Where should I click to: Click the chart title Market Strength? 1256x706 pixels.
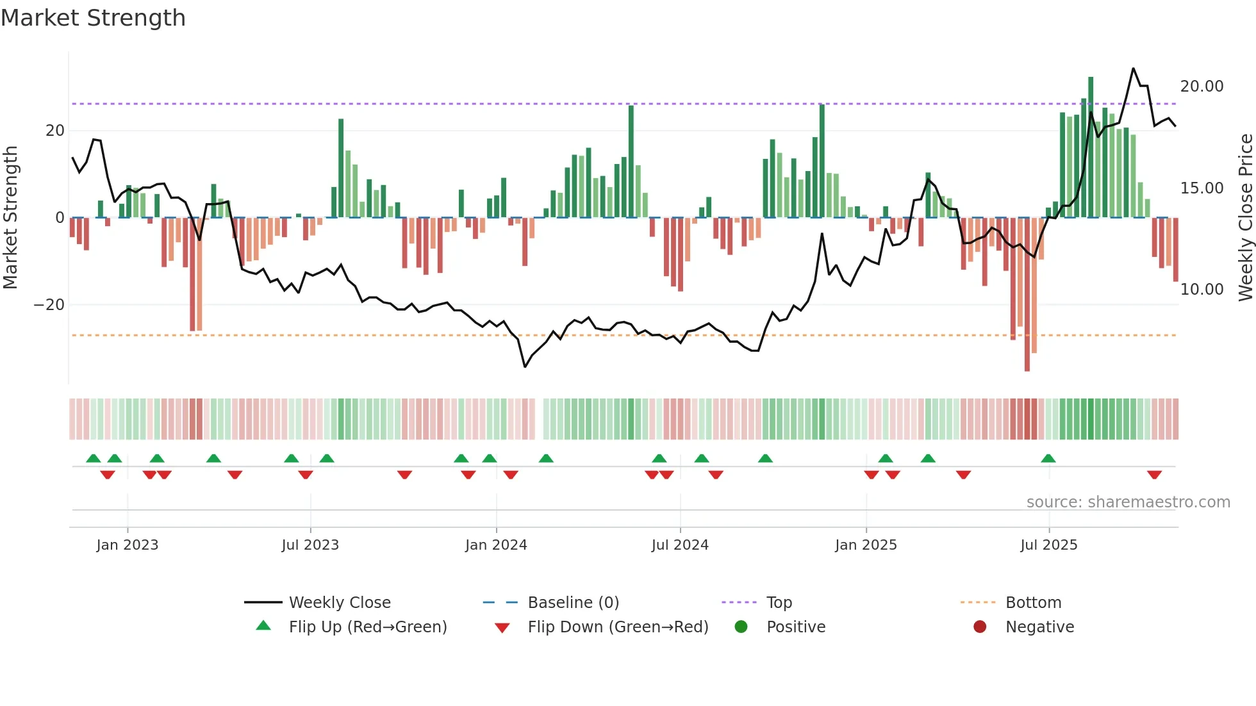tap(93, 18)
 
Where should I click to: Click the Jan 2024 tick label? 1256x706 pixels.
tap(496, 545)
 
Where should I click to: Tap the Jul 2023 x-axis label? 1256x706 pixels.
tap(310, 545)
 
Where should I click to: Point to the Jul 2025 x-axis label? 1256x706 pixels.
tap(1048, 545)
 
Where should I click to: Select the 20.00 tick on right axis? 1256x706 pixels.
tap(1202, 86)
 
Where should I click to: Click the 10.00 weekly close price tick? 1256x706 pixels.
tap(1202, 290)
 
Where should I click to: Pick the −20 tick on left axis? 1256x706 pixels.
tap(49, 305)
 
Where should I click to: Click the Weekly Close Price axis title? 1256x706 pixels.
tap(1245, 218)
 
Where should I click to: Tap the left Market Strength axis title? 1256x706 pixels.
tap(11, 218)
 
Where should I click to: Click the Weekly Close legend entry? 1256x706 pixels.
tap(339, 603)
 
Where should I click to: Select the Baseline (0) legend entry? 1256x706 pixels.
tap(573, 603)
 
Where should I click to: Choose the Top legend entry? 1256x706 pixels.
tap(779, 603)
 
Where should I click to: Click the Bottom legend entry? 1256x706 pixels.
tap(1033, 603)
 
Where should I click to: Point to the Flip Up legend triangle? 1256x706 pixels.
tap(263, 626)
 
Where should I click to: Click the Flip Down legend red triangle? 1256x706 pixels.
tap(502, 628)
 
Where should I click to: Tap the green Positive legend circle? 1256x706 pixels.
tap(741, 627)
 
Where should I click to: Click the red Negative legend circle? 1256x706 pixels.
tap(980, 627)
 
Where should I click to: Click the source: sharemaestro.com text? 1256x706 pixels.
tap(1128, 502)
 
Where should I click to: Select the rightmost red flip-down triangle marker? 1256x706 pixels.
tap(1154, 475)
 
